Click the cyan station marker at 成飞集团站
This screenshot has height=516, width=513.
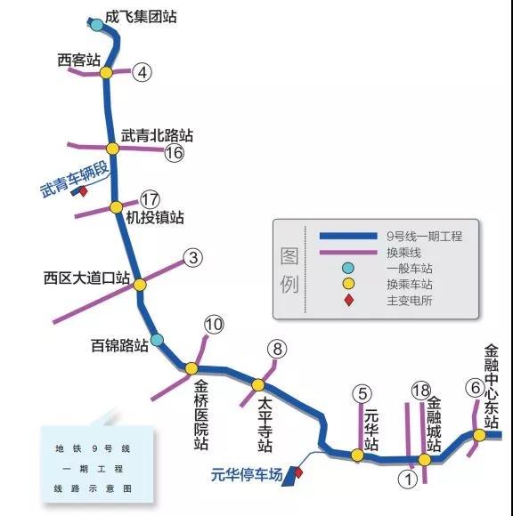pyautogui.click(x=97, y=24)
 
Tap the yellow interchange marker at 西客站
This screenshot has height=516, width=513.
pyautogui.click(x=106, y=72)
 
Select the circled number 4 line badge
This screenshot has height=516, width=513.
pyautogui.click(x=142, y=72)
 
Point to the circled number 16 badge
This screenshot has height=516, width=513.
pyautogui.click(x=175, y=153)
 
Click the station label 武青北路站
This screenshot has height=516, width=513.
pyautogui.click(x=157, y=135)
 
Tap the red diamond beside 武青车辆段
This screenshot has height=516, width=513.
pyautogui.click(x=83, y=191)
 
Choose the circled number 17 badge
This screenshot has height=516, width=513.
pyautogui.click(x=151, y=199)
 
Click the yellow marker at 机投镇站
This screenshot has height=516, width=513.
pyautogui.click(x=116, y=207)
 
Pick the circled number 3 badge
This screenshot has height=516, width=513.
pyautogui.click(x=193, y=257)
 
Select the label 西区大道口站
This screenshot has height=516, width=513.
pyautogui.click(x=86, y=278)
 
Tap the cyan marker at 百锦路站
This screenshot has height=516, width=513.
pyautogui.click(x=157, y=340)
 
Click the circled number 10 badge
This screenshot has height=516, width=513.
pyautogui.click(x=214, y=325)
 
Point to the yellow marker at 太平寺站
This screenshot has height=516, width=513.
pyautogui.click(x=258, y=385)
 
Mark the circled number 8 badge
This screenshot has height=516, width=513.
pyautogui.click(x=277, y=349)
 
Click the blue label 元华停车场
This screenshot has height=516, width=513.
pyautogui.click(x=247, y=475)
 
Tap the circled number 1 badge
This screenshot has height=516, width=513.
pyautogui.click(x=408, y=480)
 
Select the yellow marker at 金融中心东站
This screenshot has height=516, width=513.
pyautogui.click(x=480, y=435)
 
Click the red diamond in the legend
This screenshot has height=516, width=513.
pyautogui.click(x=348, y=300)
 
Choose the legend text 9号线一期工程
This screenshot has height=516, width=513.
pyautogui.click(x=424, y=237)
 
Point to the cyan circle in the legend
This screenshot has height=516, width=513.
pyautogui.click(x=348, y=268)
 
